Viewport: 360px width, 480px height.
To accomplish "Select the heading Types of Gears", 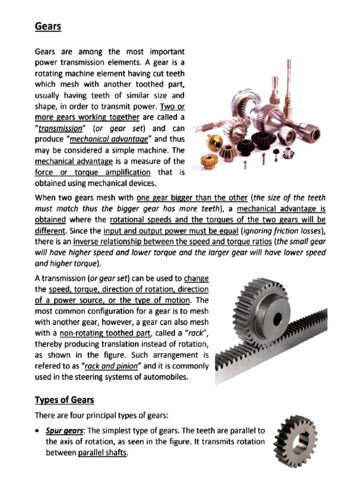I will [x=64, y=400].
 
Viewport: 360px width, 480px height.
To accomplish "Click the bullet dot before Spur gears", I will [x=38, y=431].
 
